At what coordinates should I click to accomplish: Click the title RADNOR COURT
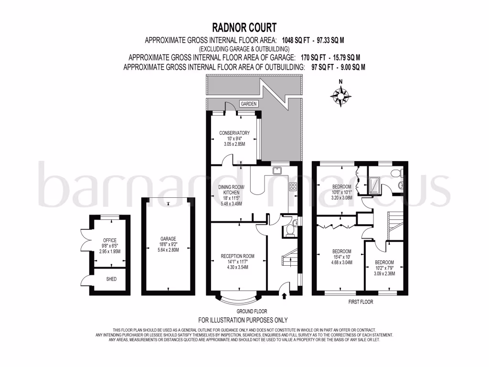(244, 27)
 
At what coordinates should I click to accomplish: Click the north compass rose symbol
(340, 96)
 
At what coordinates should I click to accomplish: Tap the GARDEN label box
(248, 104)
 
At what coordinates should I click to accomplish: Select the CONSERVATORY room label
(234, 133)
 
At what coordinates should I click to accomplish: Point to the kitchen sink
(277, 170)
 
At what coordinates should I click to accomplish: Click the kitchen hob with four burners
(293, 187)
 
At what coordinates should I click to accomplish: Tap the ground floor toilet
(288, 230)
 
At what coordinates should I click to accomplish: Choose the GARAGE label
(169, 238)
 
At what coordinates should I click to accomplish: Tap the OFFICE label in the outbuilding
(110, 240)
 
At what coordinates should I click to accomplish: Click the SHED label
(110, 279)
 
